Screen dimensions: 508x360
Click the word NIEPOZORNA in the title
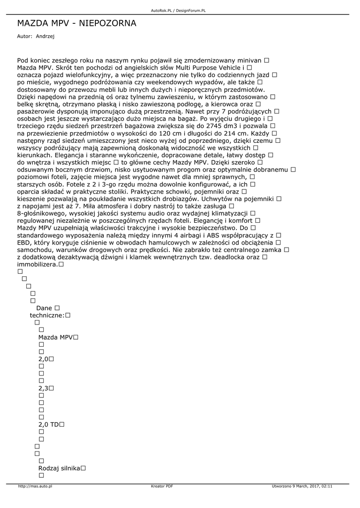(x=107, y=23)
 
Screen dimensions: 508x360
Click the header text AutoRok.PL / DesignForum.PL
(x=178, y=10)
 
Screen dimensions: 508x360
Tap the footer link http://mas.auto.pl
(x=35, y=486)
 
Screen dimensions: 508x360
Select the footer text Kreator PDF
(x=162, y=486)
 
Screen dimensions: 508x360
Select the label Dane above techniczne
(x=44, y=308)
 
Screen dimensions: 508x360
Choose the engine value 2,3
(x=43, y=388)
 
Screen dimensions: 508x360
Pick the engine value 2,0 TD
(x=49, y=425)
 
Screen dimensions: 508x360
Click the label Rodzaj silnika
(x=59, y=468)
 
